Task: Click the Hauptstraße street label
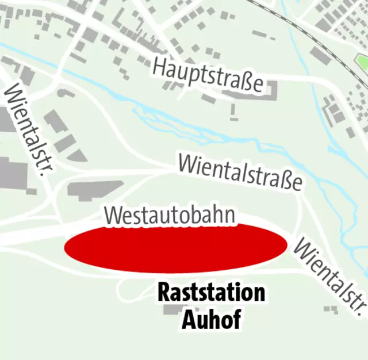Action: (x=208, y=75)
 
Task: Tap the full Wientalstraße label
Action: (x=240, y=171)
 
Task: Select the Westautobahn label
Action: (x=170, y=215)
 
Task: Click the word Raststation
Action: (x=211, y=293)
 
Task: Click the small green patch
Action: (x=362, y=60)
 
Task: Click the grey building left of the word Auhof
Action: (x=171, y=311)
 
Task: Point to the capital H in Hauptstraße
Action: (x=159, y=67)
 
